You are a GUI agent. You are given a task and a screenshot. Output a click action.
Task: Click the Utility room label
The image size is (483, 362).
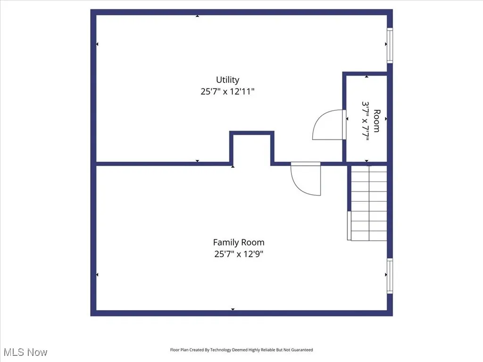pyautogui.click(x=227, y=80)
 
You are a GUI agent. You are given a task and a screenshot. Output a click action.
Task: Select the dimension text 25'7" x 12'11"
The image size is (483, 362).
pyautogui.click(x=227, y=91)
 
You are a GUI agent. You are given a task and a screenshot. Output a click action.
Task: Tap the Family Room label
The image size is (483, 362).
pyautogui.click(x=239, y=242)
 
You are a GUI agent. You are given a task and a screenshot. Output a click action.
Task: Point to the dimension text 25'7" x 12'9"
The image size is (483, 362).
pyautogui.click(x=239, y=254)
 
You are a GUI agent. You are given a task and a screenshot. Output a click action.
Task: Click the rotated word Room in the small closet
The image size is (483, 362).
pyautogui.click(x=376, y=121)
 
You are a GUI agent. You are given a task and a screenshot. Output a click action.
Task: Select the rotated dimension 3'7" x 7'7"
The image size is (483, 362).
pyautogui.click(x=366, y=121)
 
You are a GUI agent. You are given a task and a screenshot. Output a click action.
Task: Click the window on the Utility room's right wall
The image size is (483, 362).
pyautogui.click(x=390, y=45)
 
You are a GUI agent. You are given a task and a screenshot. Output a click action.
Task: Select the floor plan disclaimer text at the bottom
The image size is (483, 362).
pyautogui.click(x=241, y=350)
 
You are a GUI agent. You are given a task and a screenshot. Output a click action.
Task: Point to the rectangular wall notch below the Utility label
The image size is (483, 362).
pyautogui.click(x=252, y=148)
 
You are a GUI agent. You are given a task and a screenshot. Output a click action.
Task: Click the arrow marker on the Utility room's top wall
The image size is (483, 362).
pyautogui.click(x=197, y=16)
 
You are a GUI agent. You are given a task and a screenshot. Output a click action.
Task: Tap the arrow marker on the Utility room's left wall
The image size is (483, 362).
pyautogui.click(x=97, y=44)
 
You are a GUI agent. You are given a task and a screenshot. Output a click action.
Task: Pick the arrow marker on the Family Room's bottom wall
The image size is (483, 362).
pyautogui.click(x=233, y=309)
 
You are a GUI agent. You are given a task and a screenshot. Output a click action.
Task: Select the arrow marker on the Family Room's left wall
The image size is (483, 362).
pyautogui.click(x=97, y=275)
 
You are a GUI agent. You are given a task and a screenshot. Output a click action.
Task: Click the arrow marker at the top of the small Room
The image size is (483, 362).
pyautogui.click(x=367, y=76)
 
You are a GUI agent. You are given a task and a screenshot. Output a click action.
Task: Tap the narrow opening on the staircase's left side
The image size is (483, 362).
pyautogui.click(x=349, y=226)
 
